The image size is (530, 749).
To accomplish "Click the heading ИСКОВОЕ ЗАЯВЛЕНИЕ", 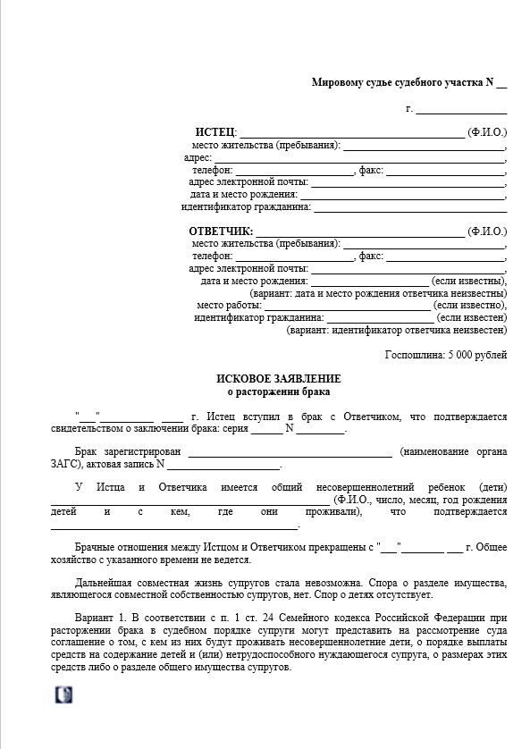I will pos(278,379).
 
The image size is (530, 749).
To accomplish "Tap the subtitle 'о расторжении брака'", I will pos(278,391).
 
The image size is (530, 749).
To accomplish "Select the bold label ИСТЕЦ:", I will pos(215,132).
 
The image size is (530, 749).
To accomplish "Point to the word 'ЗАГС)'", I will pos(65,464).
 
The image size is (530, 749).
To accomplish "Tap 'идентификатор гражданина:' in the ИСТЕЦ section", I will pos(246,207).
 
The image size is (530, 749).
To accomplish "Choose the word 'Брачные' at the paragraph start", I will pos(99,545).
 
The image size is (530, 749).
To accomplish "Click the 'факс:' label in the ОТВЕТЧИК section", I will pos(371,256).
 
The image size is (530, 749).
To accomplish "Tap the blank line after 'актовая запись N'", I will pos(224,466).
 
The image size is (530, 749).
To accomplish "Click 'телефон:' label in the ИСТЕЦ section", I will pos(212,170).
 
